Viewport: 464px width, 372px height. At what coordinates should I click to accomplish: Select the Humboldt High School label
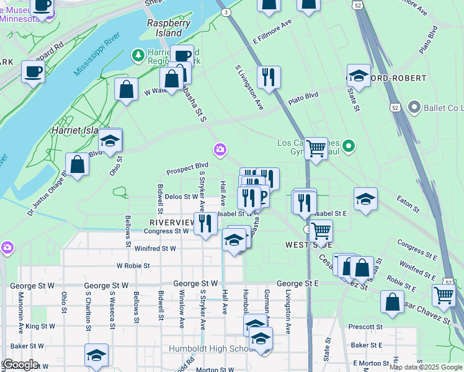pos(208,348)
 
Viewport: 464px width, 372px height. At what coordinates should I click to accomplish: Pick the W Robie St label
pos(133,265)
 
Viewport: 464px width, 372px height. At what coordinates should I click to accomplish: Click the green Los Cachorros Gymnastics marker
pos(349,147)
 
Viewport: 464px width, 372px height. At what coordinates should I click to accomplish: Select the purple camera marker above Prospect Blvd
pos(220,149)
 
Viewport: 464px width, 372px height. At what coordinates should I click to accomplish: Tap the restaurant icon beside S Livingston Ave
pos(269,77)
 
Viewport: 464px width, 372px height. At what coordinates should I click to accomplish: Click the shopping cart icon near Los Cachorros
pos(316,148)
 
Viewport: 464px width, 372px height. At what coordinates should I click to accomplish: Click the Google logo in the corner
pos(20,365)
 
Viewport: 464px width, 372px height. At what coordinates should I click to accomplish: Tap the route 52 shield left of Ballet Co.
pos(395,107)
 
